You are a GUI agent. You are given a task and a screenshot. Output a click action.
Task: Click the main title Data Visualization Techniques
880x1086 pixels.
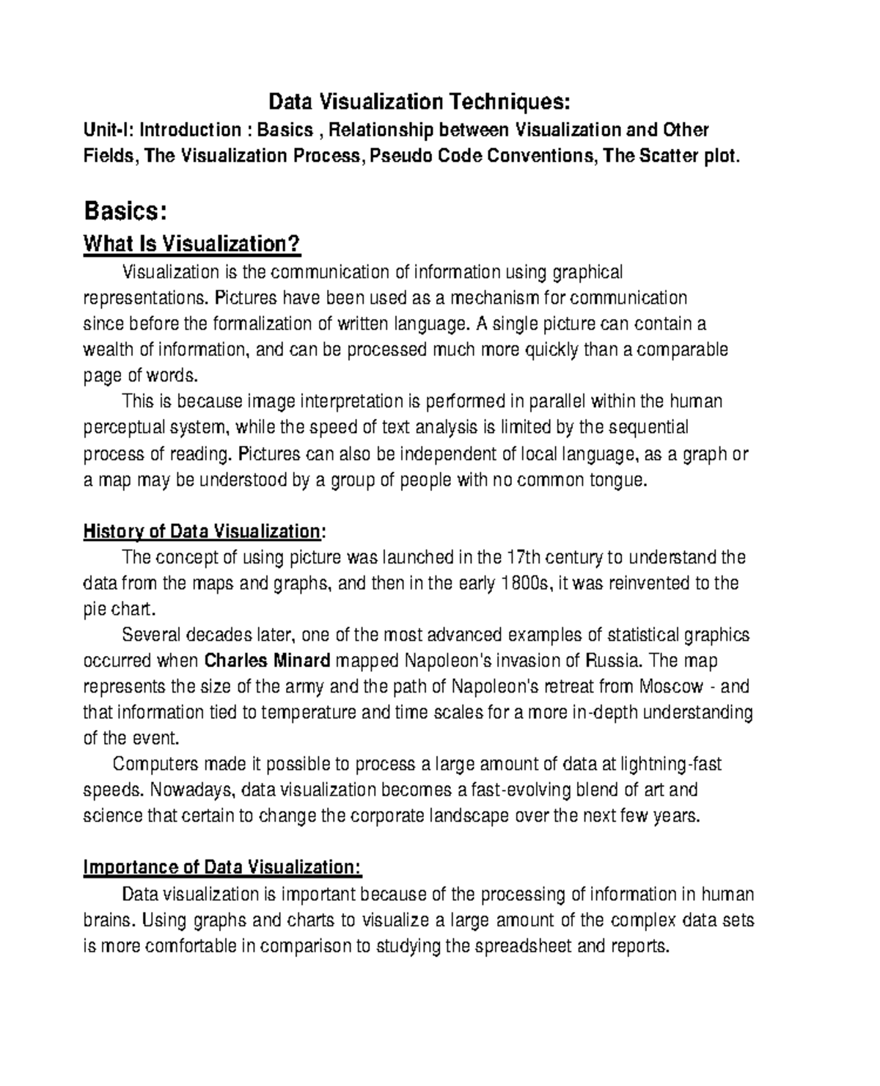coord(419,101)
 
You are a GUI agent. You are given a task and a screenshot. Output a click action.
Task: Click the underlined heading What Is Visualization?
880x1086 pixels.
coord(192,244)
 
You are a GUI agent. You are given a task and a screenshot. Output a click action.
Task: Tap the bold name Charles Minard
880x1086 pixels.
coord(267,660)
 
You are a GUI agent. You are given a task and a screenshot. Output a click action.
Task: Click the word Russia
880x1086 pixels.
coord(614,660)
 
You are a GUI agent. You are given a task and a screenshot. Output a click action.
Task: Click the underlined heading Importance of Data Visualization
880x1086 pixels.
coord(222,867)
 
